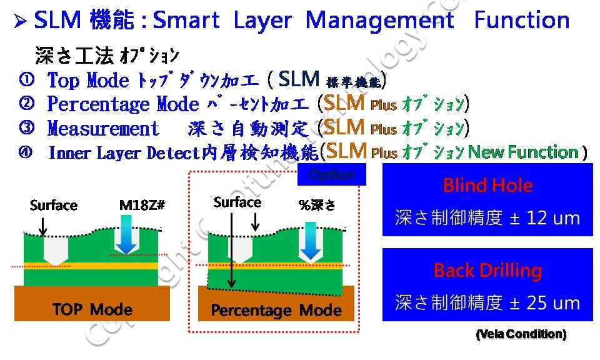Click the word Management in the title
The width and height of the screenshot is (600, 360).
[x=379, y=21]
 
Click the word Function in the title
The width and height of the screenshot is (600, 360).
[x=521, y=21]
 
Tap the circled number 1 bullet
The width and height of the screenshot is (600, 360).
[x=26, y=80]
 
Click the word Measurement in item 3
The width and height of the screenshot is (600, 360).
[x=104, y=129]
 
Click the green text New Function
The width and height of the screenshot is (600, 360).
[x=522, y=152]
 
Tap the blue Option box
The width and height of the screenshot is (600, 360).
[x=332, y=175]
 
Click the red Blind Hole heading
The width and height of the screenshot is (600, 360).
[x=487, y=186]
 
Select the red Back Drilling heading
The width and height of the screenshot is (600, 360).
[x=487, y=271]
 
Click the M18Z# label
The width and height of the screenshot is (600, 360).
[x=142, y=206]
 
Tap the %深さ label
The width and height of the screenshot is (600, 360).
[x=318, y=204]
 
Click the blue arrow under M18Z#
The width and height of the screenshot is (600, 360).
[x=127, y=237]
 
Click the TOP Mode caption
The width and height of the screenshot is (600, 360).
[x=92, y=309]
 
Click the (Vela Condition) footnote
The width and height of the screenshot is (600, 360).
[x=521, y=334]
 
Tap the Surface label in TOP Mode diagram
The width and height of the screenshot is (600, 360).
[x=54, y=206]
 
